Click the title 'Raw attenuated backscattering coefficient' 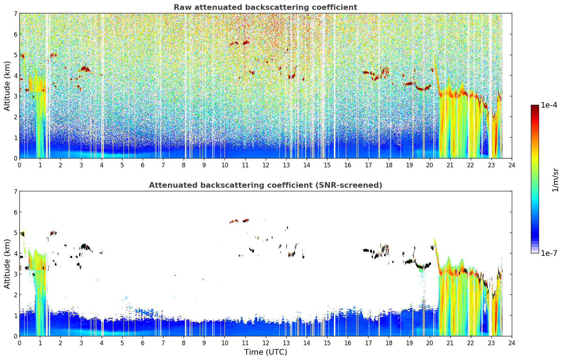coord(265,7)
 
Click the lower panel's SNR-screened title coord(265,185)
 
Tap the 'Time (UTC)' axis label coord(265,352)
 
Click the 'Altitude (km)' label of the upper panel coord(7,86)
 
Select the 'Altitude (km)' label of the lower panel coord(7,264)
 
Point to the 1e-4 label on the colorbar coord(549,105)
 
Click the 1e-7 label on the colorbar coord(549,253)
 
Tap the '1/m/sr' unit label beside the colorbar coord(555,180)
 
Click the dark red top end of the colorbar coord(535,107)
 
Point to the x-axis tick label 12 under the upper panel coord(266,165)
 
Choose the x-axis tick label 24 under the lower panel coord(512,343)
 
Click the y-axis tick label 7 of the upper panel coord(16,13)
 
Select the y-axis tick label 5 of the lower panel coord(16,233)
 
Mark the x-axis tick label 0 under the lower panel coord(20,343)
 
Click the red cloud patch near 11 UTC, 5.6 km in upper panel coord(246,42)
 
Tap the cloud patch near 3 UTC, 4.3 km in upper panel coord(85,69)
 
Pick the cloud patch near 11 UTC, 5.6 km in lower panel coord(246,221)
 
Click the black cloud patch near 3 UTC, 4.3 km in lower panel coord(85,247)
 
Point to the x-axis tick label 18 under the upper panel coord(389,165)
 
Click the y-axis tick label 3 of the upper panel coord(16,96)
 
